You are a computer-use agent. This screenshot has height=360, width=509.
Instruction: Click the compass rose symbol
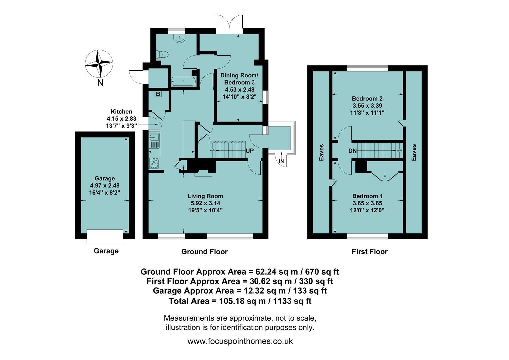point(99,64)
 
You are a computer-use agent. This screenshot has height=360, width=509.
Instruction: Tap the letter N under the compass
point(100,83)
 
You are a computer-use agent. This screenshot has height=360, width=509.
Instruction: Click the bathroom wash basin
point(180,38)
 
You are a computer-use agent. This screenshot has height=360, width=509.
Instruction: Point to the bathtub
point(183,81)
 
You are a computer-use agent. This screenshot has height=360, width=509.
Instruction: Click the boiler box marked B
point(158,94)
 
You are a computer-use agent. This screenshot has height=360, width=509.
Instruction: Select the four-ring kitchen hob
point(154,164)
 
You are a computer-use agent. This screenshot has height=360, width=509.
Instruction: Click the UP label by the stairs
point(250,151)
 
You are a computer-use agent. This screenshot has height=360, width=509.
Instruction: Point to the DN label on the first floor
point(352,151)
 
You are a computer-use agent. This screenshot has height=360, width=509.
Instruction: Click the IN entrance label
point(281,161)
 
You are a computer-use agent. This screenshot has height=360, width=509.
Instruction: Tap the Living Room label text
point(205,196)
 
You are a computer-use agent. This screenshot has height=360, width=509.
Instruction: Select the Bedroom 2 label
point(367,98)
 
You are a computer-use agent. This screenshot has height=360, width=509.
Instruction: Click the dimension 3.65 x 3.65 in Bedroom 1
point(367,203)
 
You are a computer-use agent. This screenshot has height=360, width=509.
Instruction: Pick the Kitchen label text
point(121,112)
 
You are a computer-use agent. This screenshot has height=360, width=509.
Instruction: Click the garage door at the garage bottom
point(105,236)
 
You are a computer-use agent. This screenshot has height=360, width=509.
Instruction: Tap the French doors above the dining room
point(229,24)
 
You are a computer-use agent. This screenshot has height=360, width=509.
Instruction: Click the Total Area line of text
point(240,301)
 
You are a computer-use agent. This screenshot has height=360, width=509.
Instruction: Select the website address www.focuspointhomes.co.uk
point(240,341)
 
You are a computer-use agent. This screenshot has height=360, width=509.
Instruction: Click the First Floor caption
point(370,252)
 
